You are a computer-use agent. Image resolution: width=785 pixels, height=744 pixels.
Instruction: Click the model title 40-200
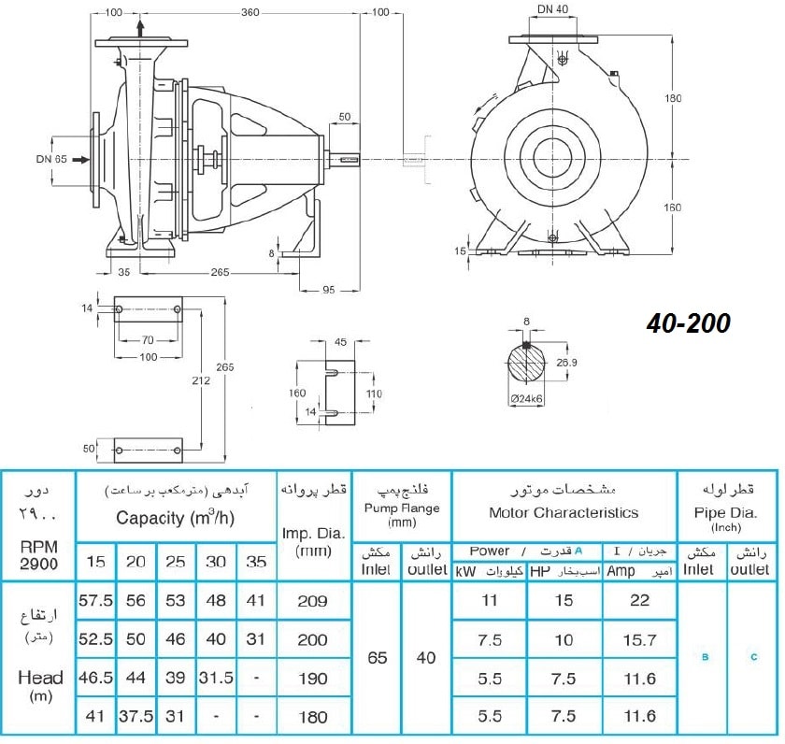[689, 323]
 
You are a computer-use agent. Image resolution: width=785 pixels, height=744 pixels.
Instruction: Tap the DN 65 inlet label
[51, 159]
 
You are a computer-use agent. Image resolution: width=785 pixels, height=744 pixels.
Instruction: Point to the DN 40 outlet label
[552, 9]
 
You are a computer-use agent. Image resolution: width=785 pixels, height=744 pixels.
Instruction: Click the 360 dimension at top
[250, 12]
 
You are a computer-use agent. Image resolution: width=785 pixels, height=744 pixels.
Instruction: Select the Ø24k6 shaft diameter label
[527, 398]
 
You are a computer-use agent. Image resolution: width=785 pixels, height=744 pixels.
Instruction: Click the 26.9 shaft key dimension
[566, 362]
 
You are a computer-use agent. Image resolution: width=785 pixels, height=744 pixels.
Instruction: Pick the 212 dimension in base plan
[201, 380]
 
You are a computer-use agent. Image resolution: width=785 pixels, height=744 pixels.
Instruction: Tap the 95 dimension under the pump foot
[328, 290]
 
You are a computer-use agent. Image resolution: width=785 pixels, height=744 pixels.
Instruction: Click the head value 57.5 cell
[95, 600]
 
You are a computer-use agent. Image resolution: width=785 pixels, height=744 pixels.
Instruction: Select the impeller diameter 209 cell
[313, 601]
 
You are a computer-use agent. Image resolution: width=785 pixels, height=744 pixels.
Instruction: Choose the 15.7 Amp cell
[639, 639]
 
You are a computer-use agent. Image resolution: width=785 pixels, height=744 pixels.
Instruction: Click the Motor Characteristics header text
[564, 513]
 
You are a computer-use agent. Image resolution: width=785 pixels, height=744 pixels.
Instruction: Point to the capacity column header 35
[256, 562]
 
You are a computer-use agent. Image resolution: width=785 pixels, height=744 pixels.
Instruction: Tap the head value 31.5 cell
[216, 678]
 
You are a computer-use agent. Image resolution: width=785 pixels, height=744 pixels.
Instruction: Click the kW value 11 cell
[489, 600]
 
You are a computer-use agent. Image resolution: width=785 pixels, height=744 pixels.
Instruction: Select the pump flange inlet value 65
[377, 657]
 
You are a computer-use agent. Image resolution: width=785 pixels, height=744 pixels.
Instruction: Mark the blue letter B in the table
[705, 657]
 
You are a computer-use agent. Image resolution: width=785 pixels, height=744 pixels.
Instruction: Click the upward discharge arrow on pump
[141, 28]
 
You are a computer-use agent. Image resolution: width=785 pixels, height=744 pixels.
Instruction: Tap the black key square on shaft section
[526, 345]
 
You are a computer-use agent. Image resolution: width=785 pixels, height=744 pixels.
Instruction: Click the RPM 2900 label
[39, 555]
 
